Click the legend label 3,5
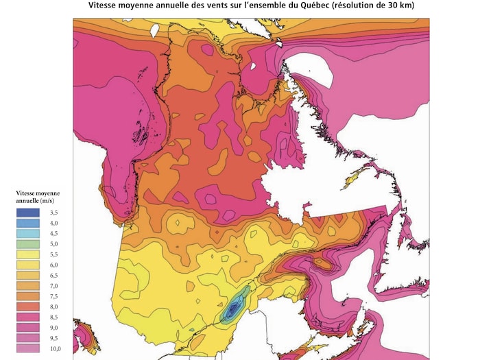coord(53,213)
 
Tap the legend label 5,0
coord(53,244)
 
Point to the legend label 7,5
coord(53,297)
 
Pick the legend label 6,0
coord(53,265)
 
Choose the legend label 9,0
coord(53,328)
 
